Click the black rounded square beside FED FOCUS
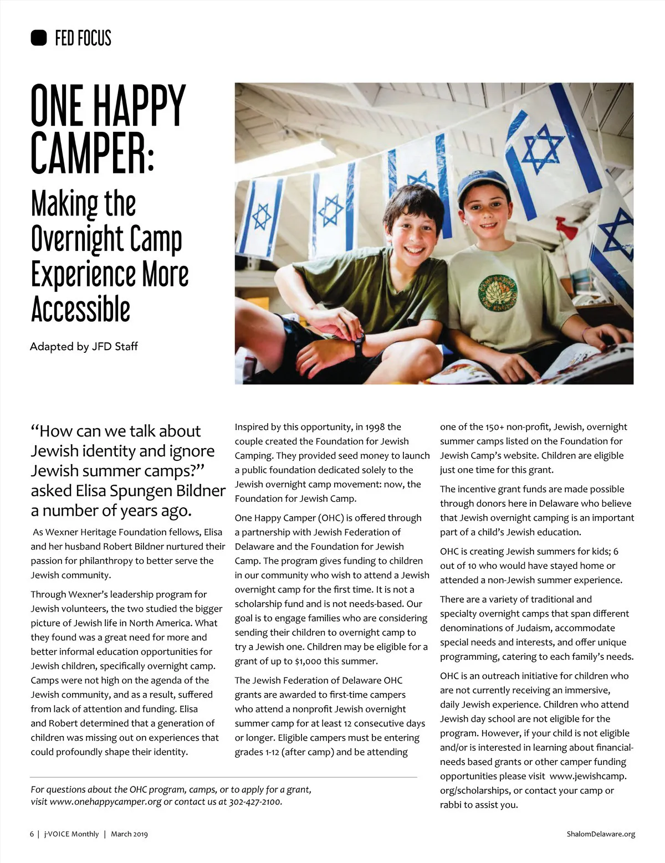pos(39,38)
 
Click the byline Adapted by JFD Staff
pos(84,347)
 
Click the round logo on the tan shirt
pos(498,292)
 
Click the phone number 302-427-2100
pos(255,802)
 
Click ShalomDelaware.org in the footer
pos(601,834)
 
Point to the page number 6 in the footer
pos(32,834)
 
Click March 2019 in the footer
pos(129,834)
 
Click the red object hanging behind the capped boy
pos(566,228)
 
